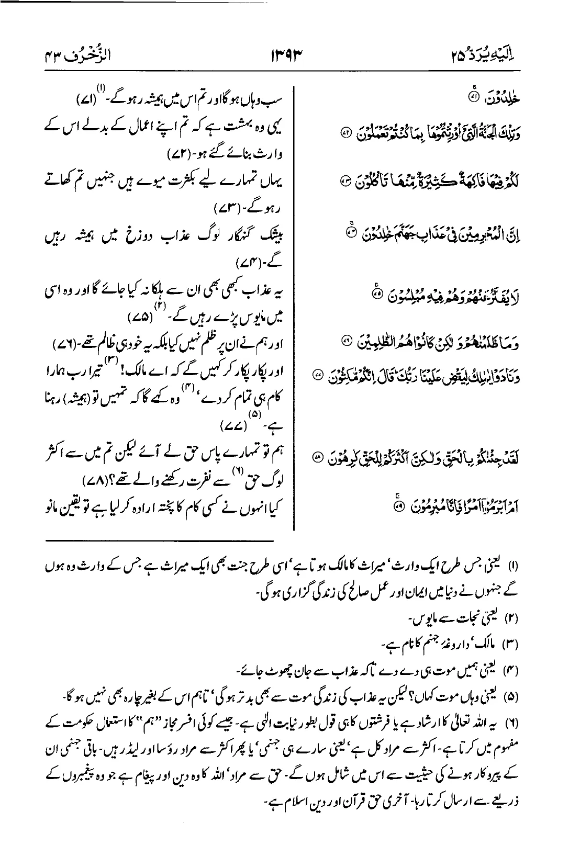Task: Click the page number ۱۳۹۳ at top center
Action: [x=284, y=54]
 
